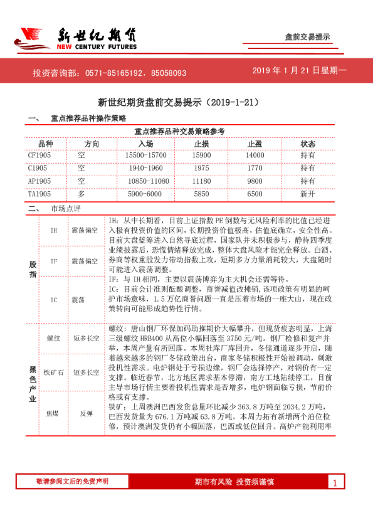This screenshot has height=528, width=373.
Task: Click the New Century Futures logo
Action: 75,38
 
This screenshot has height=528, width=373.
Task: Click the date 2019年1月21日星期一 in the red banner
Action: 299,71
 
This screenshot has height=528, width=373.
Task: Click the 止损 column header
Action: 201,144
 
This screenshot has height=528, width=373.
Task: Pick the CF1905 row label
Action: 39,155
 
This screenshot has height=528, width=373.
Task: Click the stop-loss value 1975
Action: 201,168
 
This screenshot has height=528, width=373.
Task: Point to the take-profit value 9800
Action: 255,181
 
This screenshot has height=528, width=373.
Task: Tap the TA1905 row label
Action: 39,194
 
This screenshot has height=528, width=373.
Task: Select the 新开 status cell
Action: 308,194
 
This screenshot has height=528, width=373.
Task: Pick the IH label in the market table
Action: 54,231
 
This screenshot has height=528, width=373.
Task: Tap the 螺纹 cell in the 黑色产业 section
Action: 54,339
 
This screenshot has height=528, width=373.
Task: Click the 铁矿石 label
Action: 54,372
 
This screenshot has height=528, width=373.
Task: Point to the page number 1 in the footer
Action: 335,483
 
